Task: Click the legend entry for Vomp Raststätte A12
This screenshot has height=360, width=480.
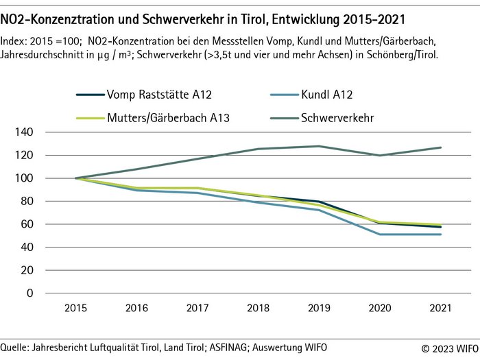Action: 155,94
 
